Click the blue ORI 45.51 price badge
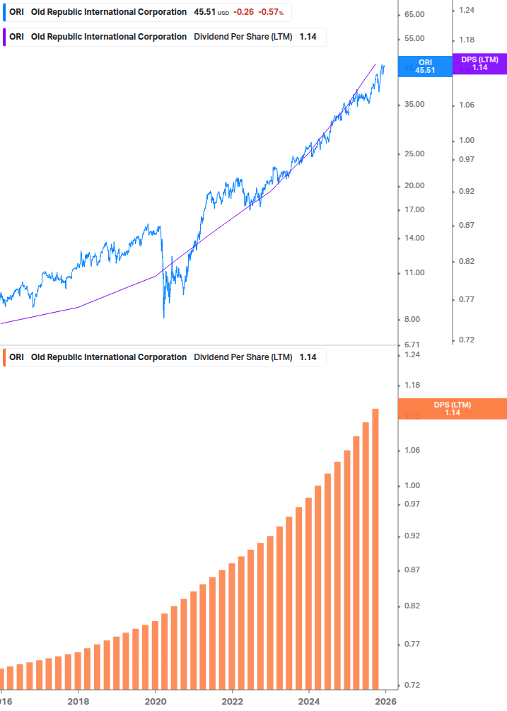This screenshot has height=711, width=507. tap(425, 67)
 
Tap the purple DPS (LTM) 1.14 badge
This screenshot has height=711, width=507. tap(479, 64)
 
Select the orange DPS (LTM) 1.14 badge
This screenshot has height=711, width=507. tap(452, 409)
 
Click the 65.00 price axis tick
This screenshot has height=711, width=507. tap(414, 15)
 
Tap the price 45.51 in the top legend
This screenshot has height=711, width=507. tap(204, 12)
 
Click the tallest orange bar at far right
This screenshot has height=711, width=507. tap(375, 552)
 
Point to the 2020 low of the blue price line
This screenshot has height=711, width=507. tap(164, 316)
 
